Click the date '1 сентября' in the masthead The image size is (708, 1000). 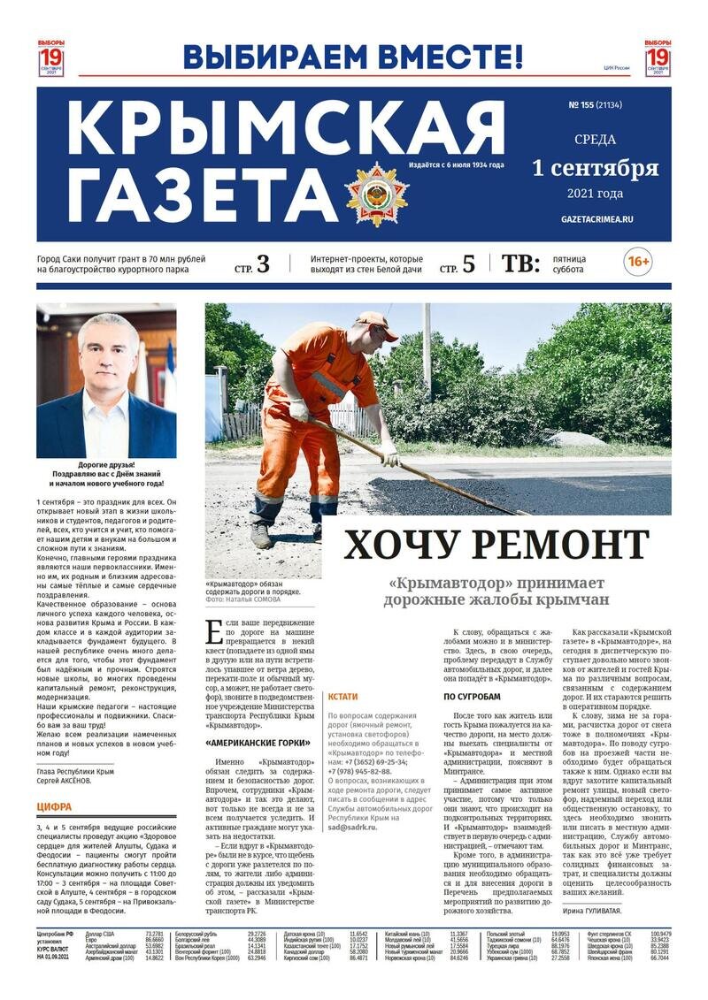pyautogui.click(x=595, y=167)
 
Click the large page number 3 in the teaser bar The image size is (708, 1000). pyautogui.click(x=263, y=263)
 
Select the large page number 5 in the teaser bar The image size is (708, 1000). pyautogui.click(x=468, y=263)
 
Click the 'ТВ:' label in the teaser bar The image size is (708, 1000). pyautogui.click(x=520, y=263)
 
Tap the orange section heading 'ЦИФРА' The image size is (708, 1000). pyautogui.click(x=54, y=806)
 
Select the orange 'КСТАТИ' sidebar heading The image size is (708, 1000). pyautogui.click(x=342, y=697)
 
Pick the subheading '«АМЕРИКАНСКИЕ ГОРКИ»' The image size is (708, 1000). pyautogui.click(x=258, y=744)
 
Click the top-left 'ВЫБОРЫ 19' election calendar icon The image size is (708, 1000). pyautogui.click(x=50, y=58)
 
